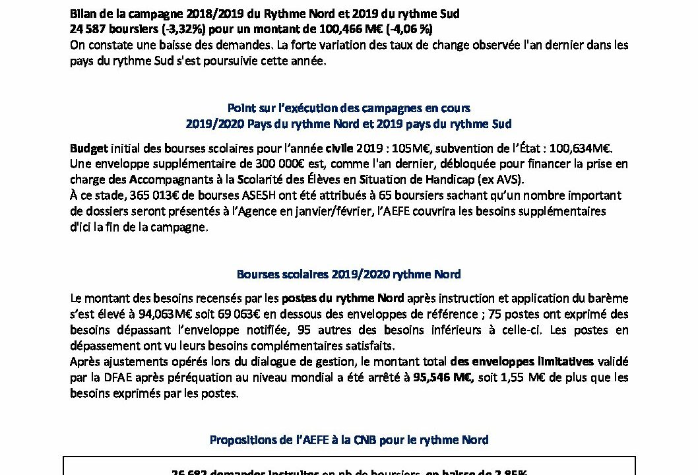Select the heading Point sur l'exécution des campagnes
[348, 108]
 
